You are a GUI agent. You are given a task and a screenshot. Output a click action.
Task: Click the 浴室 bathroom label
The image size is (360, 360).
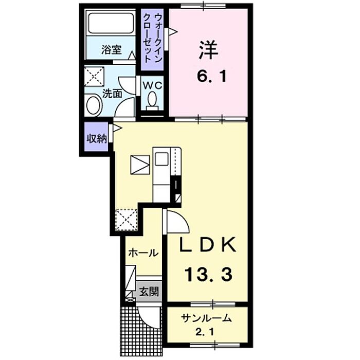[x=112, y=50]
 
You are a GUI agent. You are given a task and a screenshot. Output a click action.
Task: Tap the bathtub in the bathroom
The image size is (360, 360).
[x=111, y=23]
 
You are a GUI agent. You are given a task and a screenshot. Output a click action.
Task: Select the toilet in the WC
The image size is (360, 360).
[x=152, y=101]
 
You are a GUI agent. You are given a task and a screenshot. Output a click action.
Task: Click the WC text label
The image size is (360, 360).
[x=152, y=86]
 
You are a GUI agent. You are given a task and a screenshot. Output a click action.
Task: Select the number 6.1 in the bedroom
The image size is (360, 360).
[x=211, y=77]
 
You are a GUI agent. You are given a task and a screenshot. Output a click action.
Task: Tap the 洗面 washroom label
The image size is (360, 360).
[x=112, y=94]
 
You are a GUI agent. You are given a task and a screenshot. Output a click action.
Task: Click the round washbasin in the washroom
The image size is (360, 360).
[x=94, y=105]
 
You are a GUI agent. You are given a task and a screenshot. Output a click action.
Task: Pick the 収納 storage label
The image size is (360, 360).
[x=97, y=138]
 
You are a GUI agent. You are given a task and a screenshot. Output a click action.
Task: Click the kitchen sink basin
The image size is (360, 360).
[x=162, y=159]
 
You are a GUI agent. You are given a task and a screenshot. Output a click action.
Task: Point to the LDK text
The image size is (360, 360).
[x=208, y=245]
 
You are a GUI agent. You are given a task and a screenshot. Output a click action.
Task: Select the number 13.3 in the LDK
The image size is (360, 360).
[x=208, y=275]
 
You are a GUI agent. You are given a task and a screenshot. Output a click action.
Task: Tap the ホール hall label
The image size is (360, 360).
[x=143, y=253]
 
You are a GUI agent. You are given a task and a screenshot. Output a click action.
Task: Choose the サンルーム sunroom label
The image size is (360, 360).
[x=206, y=318]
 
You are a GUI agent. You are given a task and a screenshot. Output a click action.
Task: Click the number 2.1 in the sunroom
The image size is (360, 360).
[x=205, y=332]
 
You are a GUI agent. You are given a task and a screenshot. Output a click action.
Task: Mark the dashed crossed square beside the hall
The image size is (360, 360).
[x=126, y=220]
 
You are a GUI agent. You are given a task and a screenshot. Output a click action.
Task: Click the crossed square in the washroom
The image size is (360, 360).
[x=94, y=77]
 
